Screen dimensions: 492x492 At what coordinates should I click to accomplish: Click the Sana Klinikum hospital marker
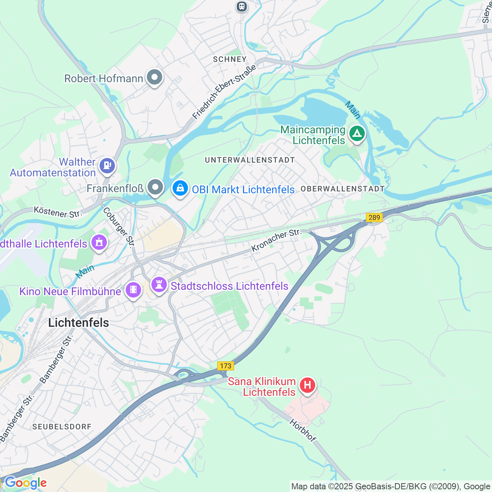pos(307,385)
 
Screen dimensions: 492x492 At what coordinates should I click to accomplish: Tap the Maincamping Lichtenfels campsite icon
pos(357,134)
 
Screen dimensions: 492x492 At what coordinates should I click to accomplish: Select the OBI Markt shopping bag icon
pos(180,188)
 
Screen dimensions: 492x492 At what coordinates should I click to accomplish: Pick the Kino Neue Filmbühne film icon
pos(133,289)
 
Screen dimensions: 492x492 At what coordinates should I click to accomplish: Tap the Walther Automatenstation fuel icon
pos(107,166)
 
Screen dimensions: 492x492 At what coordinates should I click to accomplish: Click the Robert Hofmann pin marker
pos(155,77)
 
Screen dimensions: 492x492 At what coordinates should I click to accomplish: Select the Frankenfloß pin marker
pos(155,188)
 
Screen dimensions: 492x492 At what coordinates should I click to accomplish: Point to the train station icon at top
pos(241,6)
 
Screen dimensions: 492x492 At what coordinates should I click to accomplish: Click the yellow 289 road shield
pos(374,218)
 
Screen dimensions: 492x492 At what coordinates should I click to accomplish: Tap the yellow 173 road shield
pos(226,366)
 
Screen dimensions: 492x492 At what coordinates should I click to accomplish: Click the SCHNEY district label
pos(230,59)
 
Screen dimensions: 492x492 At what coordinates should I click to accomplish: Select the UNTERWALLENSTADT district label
pos(250,160)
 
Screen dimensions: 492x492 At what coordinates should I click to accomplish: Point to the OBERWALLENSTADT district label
pos(342,189)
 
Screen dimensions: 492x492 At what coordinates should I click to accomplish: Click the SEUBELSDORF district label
pos(62,427)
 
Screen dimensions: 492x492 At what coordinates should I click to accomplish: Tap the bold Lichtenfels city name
pos(79,322)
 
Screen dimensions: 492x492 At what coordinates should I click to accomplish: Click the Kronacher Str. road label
pos(276,241)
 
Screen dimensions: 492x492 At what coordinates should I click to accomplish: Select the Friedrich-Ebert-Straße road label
pos(224,92)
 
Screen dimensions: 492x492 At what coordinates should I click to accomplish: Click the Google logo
pos(26,483)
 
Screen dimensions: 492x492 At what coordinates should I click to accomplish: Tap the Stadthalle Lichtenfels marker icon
pos(99,243)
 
